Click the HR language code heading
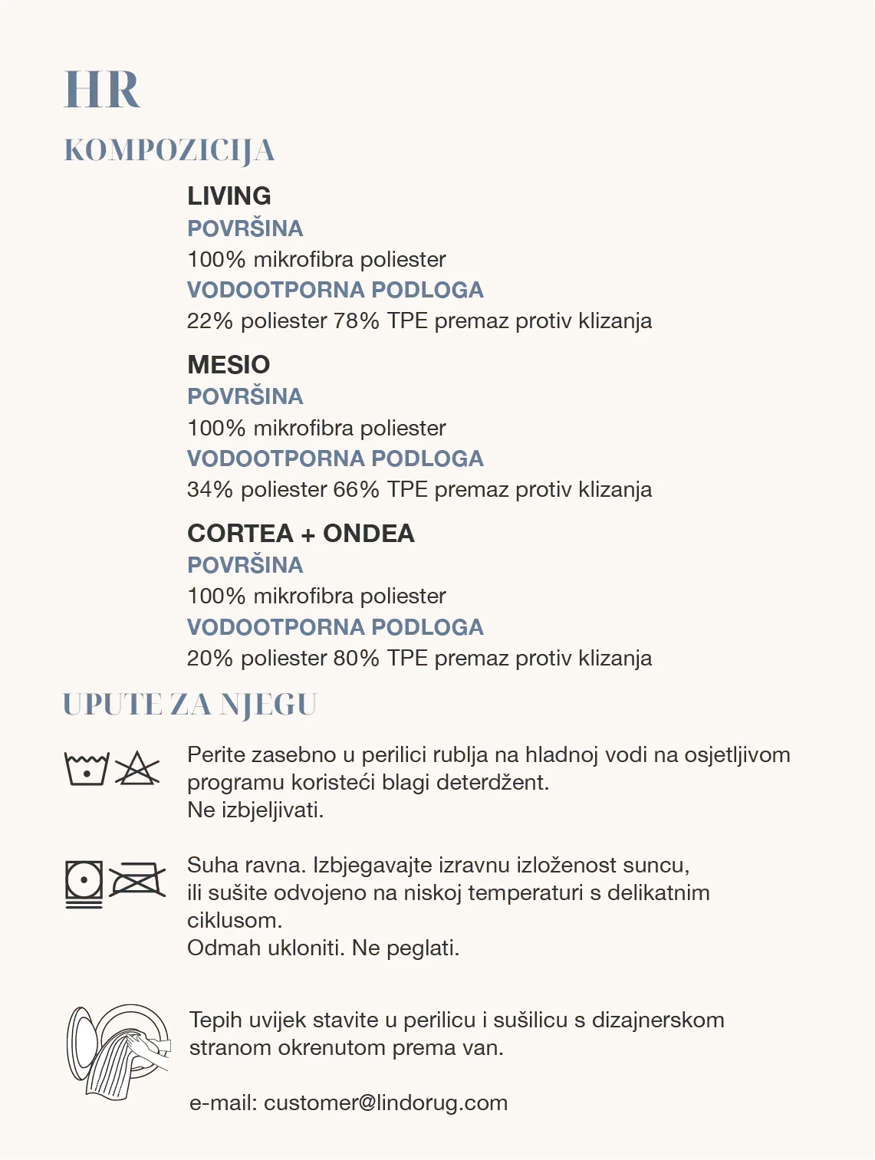coord(102,90)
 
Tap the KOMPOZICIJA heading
coord(169,151)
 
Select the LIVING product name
coord(229,196)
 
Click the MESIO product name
coord(229,365)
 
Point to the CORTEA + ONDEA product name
coord(301,534)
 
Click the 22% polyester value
coord(209,321)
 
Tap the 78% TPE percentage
coord(356,321)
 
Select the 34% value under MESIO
coord(209,490)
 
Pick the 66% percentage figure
coord(356,490)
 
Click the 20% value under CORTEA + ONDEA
coord(209,659)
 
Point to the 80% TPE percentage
coord(356,659)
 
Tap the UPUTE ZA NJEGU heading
coord(189,705)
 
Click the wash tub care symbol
coord(87,769)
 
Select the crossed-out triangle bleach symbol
coord(137,769)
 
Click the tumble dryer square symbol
coord(84,884)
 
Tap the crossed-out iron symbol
coord(137,881)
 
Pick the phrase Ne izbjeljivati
coord(255,810)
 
